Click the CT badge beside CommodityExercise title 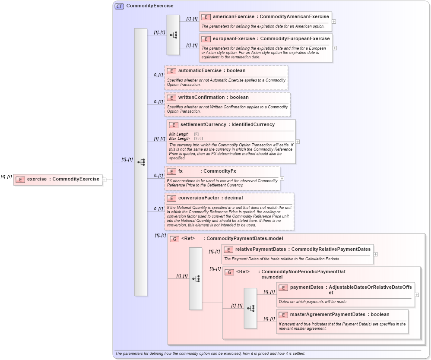pyautogui.click(x=119, y=6)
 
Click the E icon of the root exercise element pyautogui.click(x=19, y=179)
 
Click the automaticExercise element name pyautogui.click(x=200, y=70)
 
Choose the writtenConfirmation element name pyautogui.click(x=201, y=98)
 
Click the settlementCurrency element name pyautogui.click(x=203, y=125)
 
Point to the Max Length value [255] pyautogui.click(x=198, y=139)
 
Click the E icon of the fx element pyautogui.click(x=171, y=171)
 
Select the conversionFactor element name pyautogui.click(x=199, y=198)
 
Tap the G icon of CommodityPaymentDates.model pyautogui.click(x=174, y=239)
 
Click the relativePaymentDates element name pyautogui.click(x=260, y=249)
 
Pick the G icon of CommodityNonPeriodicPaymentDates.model pyautogui.click(x=229, y=272)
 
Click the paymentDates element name pyautogui.click(x=307, y=287)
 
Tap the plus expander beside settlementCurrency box pyautogui.click(x=298, y=141)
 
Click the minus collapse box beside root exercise pyautogui.click(x=105, y=180)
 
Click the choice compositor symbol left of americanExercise pyautogui.click(x=173, y=35)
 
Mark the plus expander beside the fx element pyautogui.click(x=282, y=178)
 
